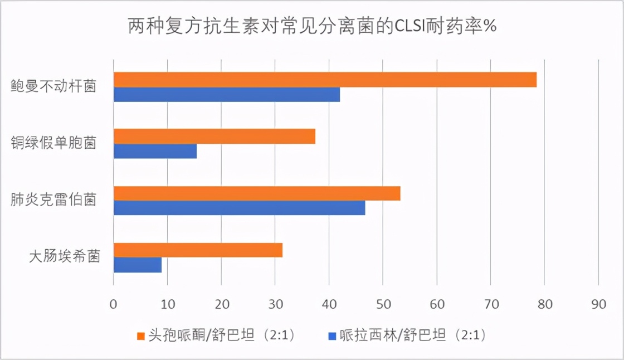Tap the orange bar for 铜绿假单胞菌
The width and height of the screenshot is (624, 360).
coord(214,137)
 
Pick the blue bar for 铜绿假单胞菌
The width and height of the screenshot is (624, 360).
coord(155,152)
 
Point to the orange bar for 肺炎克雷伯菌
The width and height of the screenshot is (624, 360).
coord(257,193)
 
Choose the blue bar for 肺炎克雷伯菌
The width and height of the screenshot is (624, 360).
coord(240,208)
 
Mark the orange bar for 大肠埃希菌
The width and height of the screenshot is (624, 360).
coord(198,250)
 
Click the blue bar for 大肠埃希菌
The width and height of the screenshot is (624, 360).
coord(138,265)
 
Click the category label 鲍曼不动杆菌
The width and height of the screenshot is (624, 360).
coord(53,87)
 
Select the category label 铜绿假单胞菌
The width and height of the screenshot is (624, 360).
coord(53,143)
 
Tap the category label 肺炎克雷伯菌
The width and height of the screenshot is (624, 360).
coord(53,200)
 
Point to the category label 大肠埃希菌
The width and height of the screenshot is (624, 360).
coord(65,257)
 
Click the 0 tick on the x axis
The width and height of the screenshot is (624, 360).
coord(114,305)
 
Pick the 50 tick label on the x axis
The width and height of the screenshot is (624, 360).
coord(383,305)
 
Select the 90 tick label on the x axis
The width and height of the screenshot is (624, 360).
coord(598,305)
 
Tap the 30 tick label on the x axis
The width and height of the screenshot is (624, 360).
coord(275,305)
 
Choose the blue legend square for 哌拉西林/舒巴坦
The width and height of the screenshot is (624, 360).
coord(332,336)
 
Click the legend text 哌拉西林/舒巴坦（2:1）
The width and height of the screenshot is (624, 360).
coord(413,335)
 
